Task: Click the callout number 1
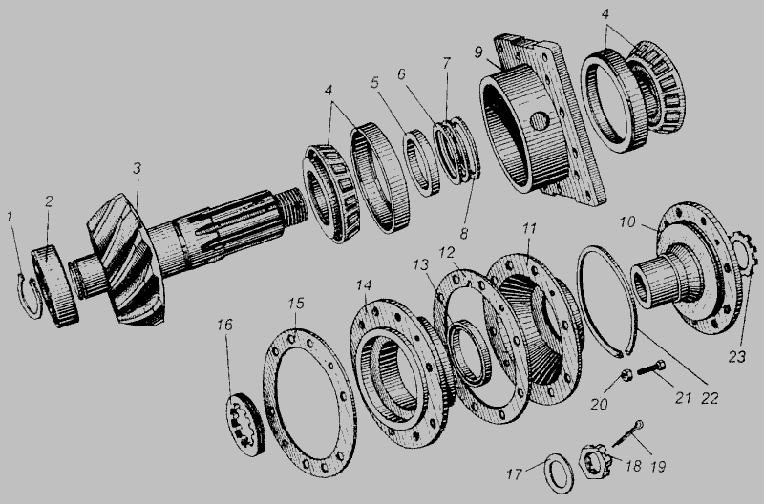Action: (x=10, y=217)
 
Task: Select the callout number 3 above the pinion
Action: (x=137, y=169)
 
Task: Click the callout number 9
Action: (x=478, y=52)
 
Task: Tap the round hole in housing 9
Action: (x=540, y=121)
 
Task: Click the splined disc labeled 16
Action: (x=246, y=424)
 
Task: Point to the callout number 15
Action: (x=296, y=304)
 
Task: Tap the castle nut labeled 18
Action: (x=594, y=460)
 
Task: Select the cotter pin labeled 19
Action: (x=627, y=433)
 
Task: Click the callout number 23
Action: (x=736, y=357)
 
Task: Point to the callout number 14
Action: (x=364, y=285)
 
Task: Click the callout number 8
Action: (x=464, y=234)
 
